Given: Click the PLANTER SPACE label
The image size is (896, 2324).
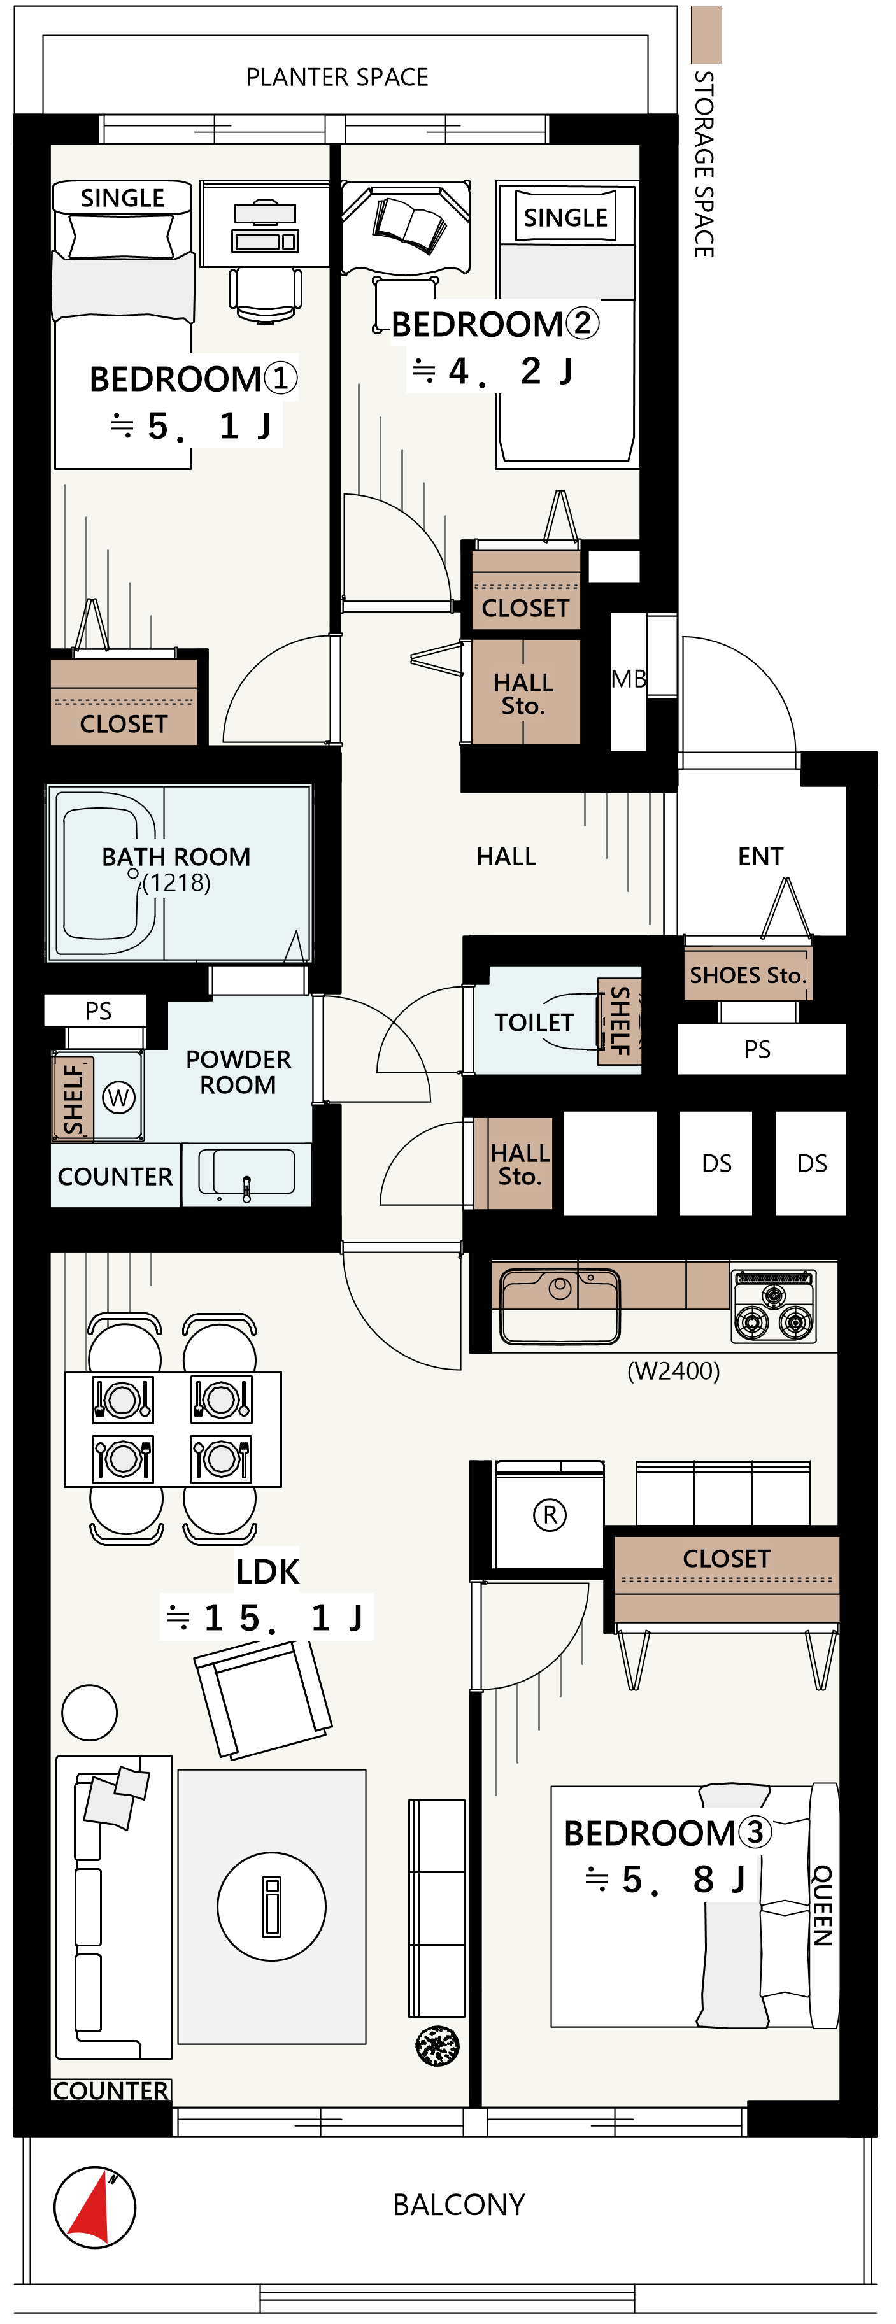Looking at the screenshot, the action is (337, 78).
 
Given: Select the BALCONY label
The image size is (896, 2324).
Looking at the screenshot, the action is (459, 2205).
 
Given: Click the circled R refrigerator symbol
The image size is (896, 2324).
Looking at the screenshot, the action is (550, 1515).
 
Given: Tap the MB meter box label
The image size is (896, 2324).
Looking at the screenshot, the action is (629, 679).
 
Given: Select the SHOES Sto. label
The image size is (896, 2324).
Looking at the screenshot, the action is (746, 975).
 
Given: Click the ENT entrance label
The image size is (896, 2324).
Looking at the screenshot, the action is (760, 856).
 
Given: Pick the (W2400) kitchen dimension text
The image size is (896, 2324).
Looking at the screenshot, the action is (673, 1371).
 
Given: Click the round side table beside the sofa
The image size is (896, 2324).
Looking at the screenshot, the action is (89, 1712).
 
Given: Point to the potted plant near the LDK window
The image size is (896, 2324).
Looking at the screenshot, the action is (437, 2044).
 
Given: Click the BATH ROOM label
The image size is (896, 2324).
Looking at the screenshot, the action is (176, 856).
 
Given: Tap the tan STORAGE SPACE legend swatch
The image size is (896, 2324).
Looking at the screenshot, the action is (706, 34).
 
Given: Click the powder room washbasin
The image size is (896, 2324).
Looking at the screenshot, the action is (246, 1173).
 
